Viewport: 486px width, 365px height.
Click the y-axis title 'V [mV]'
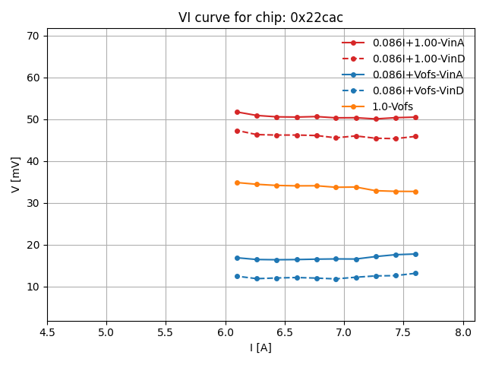pos(16,174)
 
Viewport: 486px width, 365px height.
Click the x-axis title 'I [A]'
pos(260,348)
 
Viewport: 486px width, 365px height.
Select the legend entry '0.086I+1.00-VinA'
pos(418,43)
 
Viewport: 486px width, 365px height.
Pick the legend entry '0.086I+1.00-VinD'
pos(418,59)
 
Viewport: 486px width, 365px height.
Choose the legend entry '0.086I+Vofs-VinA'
pos(418,75)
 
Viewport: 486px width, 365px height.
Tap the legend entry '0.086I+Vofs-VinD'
pos(418,90)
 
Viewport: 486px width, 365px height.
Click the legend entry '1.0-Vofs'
pos(393,106)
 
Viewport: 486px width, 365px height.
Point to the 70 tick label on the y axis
pos(33,36)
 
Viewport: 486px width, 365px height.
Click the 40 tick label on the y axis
pos(33,161)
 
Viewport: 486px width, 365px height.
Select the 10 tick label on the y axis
pos(33,287)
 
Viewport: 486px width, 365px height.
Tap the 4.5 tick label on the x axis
pos(47,332)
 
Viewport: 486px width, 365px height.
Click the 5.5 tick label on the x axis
pos(166,332)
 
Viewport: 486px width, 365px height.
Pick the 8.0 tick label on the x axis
pos(463,332)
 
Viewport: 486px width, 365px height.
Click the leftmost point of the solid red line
pos(237,112)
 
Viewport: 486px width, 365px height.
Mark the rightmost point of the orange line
pos(415,192)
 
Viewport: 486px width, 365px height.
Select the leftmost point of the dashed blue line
pos(237,276)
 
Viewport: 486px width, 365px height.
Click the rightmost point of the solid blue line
pos(415,254)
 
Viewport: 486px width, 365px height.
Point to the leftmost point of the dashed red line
pos(237,131)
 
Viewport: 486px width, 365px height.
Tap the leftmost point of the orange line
pos(237,182)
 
